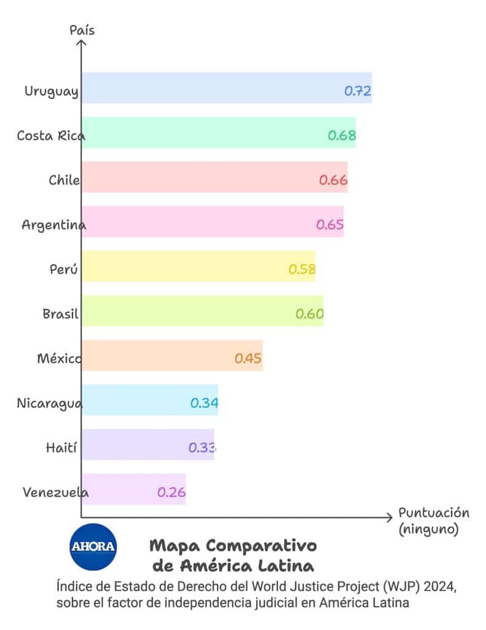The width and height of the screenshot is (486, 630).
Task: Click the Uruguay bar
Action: coord(209,87)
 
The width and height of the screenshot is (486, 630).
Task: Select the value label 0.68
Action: coord(342,135)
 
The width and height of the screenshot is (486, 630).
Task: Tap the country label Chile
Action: coord(64,180)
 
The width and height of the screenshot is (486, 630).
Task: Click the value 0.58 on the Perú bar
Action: coord(302,269)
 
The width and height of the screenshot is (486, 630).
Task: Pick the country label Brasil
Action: coord(60,314)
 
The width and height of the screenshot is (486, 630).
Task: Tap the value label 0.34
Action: coord(204,404)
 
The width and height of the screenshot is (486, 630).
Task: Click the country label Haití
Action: coord(61,448)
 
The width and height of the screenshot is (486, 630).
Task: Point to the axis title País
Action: coord(82,30)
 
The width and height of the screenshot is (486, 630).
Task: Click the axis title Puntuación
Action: coord(434,513)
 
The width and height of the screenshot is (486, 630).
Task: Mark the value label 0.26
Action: coord(171,493)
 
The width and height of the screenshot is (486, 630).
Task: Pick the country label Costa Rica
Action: coord(50,136)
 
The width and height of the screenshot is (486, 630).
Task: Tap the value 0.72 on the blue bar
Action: coord(358,91)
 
